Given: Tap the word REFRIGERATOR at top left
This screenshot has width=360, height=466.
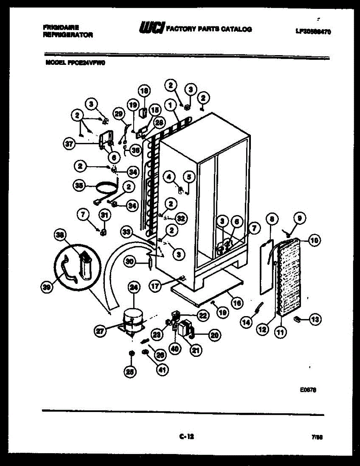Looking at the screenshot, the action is pyautogui.click(x=68, y=35).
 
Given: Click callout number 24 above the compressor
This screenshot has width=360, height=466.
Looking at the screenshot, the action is pyautogui.click(x=134, y=288).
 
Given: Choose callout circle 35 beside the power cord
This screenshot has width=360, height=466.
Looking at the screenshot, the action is pyautogui.click(x=80, y=185).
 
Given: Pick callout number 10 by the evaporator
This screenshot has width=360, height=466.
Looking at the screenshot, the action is pyautogui.click(x=315, y=240).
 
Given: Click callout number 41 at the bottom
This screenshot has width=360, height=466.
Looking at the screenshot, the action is pyautogui.click(x=162, y=370).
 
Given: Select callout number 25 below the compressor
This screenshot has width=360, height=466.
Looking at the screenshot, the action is pyautogui.click(x=130, y=372).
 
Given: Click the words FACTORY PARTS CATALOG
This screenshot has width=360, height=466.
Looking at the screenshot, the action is pyautogui.click(x=209, y=29).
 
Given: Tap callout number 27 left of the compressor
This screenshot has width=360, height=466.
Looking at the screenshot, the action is pyautogui.click(x=101, y=331).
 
